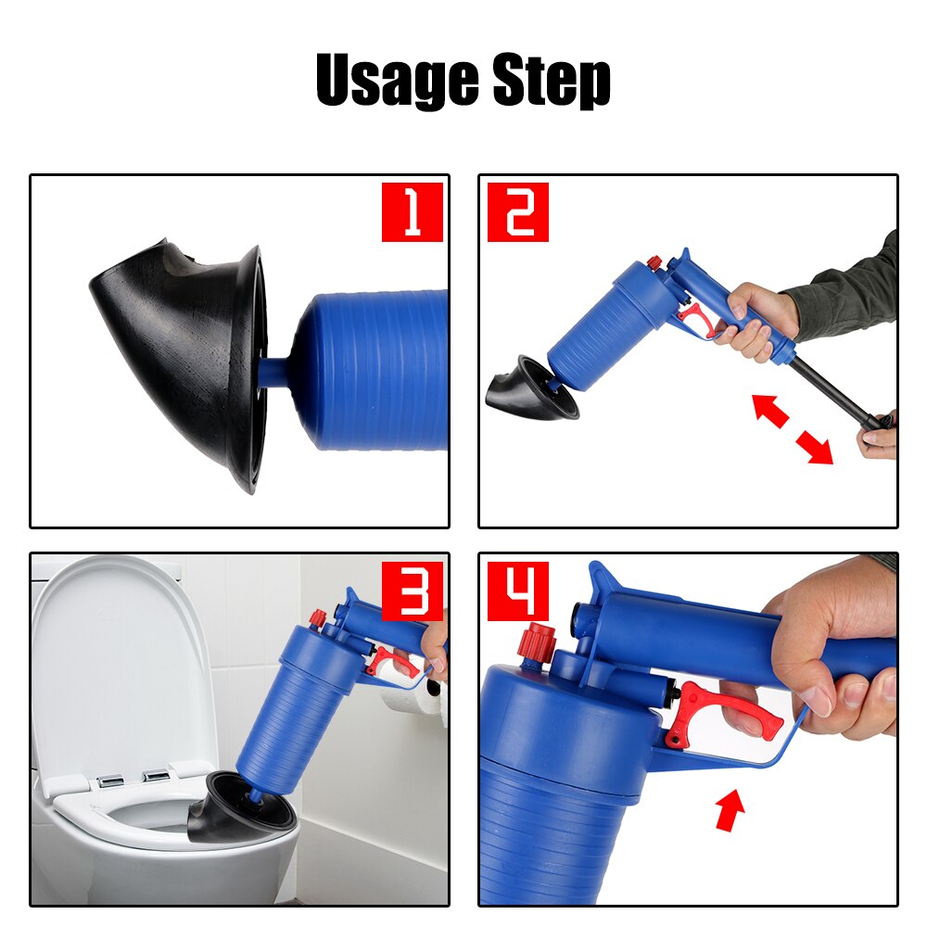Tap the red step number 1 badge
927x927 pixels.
(x=413, y=212)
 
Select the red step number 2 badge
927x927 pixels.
(x=518, y=212)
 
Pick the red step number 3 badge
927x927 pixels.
(x=413, y=591)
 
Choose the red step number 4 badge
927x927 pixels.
(x=518, y=591)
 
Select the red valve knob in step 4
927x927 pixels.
(x=538, y=642)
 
